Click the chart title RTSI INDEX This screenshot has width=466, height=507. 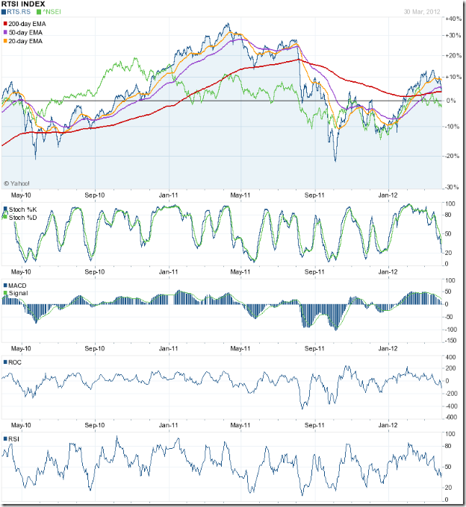[x=23, y=4]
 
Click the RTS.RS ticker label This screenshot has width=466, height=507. [x=19, y=13]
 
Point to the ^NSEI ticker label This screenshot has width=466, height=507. [x=55, y=13]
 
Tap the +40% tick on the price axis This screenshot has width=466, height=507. [x=453, y=16]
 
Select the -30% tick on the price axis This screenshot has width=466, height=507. [x=453, y=186]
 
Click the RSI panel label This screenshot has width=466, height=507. [x=14, y=438]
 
